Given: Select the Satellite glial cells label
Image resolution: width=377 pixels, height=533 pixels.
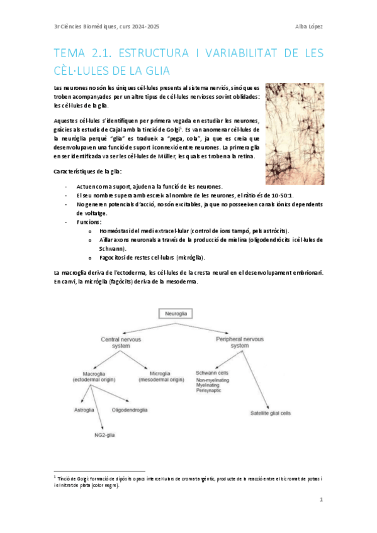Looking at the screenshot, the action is [270, 414].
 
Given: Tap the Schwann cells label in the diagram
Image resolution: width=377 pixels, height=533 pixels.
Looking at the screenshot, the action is [212, 373].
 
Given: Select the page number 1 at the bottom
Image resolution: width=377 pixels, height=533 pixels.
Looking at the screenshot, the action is [321, 500].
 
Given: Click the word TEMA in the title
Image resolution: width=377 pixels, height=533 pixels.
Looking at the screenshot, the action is [70, 53].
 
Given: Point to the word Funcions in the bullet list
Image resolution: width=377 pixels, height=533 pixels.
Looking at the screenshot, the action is [89, 222].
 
